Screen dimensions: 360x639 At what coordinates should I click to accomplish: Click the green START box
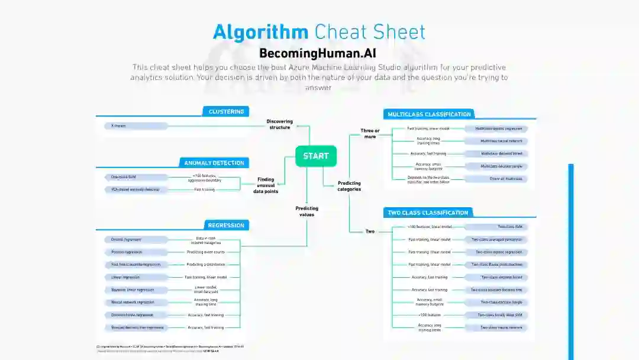click(316, 156)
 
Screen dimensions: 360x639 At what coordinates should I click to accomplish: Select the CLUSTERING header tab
click(225, 111)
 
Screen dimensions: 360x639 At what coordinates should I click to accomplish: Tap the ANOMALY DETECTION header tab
click(214, 163)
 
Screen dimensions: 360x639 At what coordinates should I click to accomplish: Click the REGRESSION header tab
click(225, 225)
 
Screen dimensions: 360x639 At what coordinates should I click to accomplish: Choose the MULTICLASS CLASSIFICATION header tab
click(429, 114)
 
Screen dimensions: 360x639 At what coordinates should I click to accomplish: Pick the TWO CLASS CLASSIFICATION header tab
click(427, 213)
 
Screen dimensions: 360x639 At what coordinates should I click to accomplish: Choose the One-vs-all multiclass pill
click(496, 179)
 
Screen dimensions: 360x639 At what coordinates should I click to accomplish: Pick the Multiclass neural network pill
click(496, 141)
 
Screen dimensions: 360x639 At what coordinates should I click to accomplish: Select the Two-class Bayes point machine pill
click(496, 265)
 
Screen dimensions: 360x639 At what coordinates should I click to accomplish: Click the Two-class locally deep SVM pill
click(496, 315)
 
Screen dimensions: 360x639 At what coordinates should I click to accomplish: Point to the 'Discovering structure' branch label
click(280, 124)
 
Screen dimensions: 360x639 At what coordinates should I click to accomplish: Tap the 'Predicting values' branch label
click(306, 211)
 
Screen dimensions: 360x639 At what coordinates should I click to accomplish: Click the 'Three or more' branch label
click(370, 134)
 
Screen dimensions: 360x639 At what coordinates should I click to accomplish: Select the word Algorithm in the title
click(260, 32)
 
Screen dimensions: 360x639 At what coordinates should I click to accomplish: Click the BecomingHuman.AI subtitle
click(318, 53)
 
